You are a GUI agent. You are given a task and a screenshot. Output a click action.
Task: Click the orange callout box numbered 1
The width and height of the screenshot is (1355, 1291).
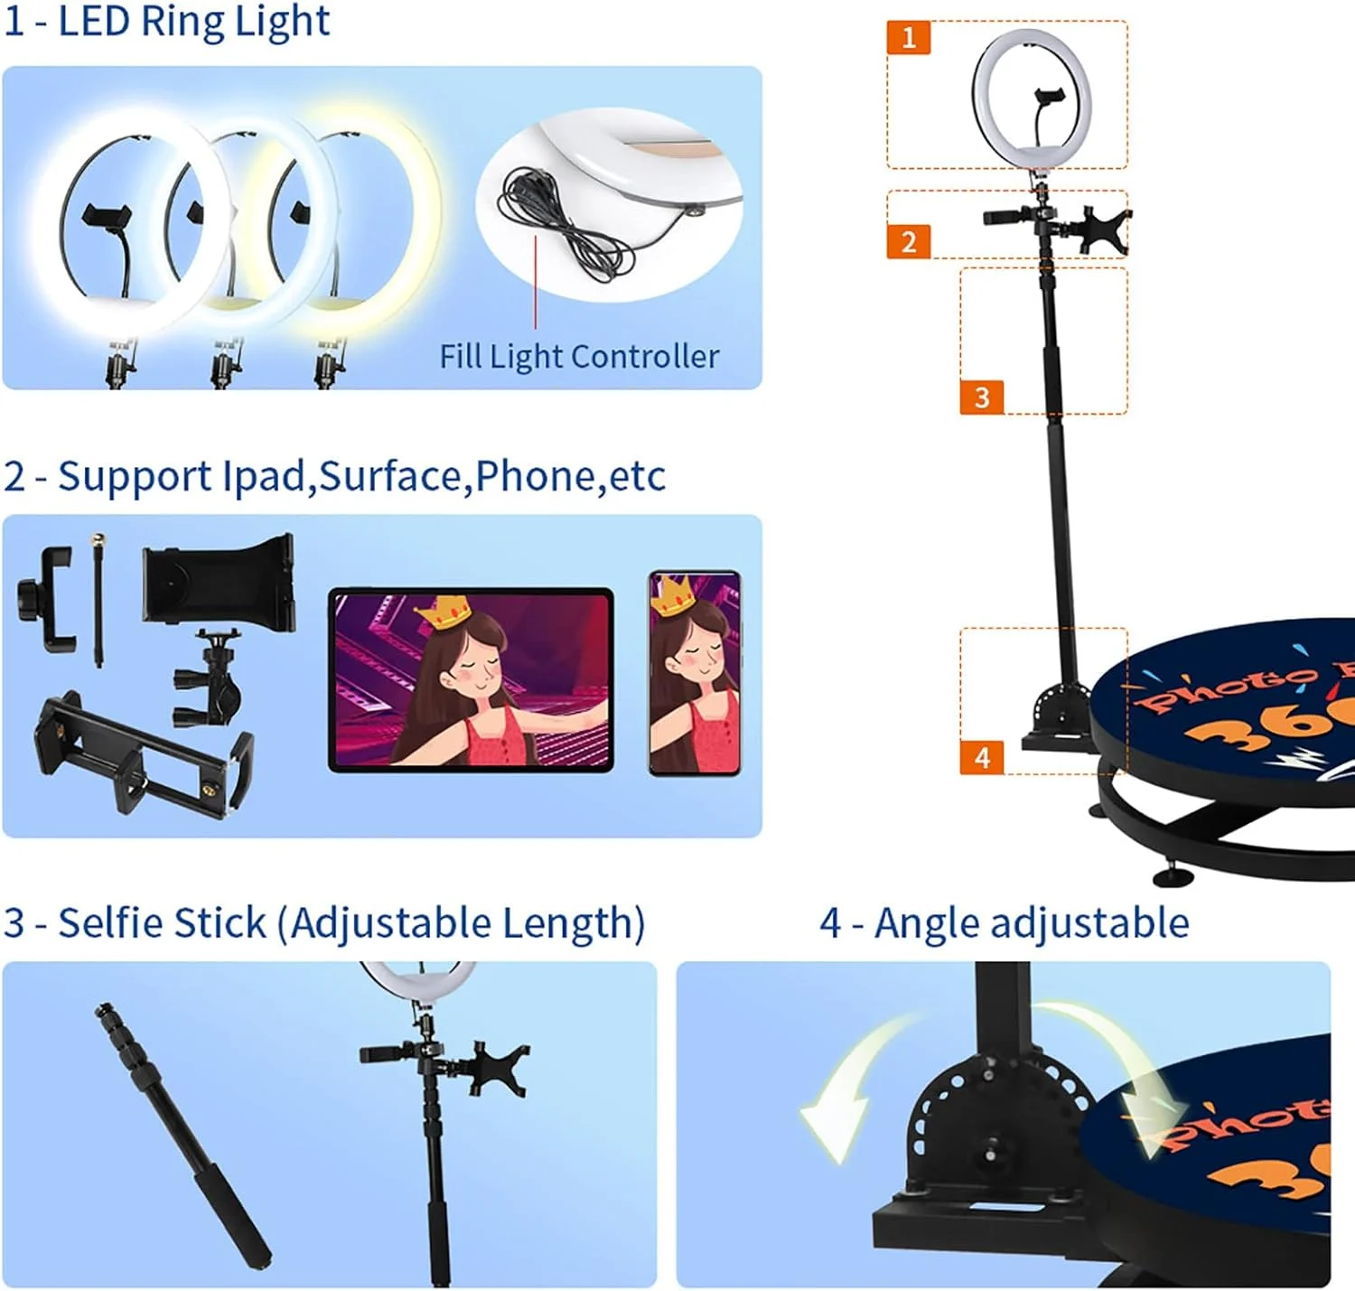pyautogui.click(x=909, y=37)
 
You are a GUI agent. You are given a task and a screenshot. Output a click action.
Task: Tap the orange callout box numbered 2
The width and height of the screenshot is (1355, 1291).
pyautogui.click(x=909, y=241)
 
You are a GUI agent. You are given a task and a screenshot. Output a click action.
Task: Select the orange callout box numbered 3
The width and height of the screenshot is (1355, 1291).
pyautogui.click(x=981, y=397)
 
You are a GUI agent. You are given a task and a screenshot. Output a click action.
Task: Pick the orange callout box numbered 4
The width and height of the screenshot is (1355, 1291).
pyautogui.click(x=981, y=757)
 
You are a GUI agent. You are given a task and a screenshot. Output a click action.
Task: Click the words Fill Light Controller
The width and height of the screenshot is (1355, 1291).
pyautogui.click(x=579, y=357)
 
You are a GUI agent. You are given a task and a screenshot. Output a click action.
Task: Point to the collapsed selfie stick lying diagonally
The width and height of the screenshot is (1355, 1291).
pyautogui.click(x=182, y=1134)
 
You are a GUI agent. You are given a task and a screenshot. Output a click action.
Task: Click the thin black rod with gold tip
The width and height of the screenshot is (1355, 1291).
pyautogui.click(x=98, y=601)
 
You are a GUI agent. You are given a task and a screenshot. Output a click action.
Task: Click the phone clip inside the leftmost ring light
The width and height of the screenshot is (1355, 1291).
pyautogui.click(x=106, y=216)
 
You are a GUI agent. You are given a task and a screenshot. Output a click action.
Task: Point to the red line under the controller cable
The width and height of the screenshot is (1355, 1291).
pyautogui.click(x=536, y=282)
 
